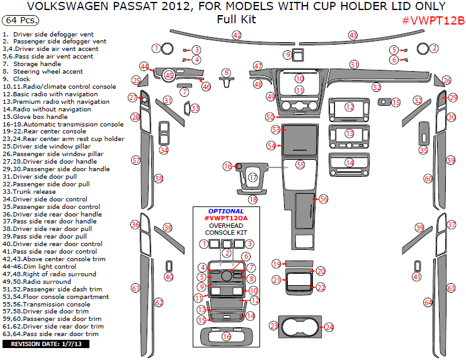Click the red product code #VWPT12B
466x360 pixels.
tap(433, 20)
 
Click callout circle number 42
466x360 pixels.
tap(237, 35)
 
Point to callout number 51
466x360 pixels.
tap(355, 65)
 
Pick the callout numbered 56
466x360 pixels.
tap(323, 198)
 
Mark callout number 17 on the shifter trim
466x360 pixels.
tap(253, 178)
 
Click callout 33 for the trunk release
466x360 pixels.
tap(195, 108)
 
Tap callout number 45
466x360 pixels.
tap(169, 76)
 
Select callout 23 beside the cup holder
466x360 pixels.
tap(273, 325)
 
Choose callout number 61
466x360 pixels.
tap(135, 288)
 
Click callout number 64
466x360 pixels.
tap(428, 303)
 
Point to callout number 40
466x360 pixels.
tap(169, 277)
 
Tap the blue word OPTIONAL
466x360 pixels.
tap(225, 211)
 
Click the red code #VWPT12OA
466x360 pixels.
tap(225, 218)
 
